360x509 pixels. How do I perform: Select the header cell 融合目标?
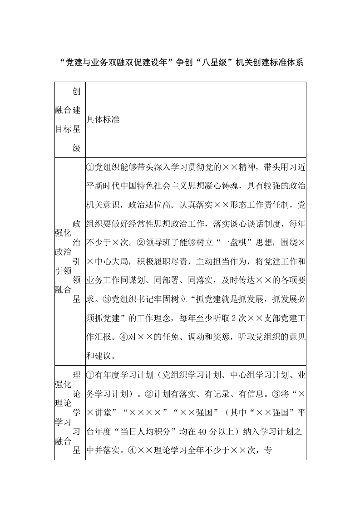tap(63, 119)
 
